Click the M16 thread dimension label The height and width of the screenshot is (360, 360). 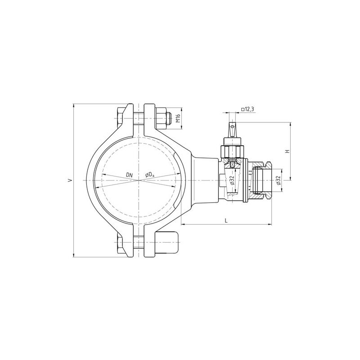click(x=178, y=118)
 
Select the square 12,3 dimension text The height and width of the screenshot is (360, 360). click(x=247, y=109)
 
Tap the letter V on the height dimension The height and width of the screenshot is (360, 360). click(x=69, y=180)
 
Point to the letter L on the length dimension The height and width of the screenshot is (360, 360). click(x=226, y=220)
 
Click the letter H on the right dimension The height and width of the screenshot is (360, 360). click(x=287, y=151)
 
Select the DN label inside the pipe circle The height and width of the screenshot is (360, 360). click(x=129, y=174)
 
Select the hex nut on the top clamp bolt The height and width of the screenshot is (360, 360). click(x=161, y=118)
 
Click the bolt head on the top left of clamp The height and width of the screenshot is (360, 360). click(x=119, y=118)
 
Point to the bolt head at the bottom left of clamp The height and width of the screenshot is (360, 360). click(x=119, y=243)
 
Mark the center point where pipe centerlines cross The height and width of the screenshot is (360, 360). click(x=140, y=180)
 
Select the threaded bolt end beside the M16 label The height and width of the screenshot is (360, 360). click(x=170, y=118)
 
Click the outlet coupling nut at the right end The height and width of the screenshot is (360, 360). click(x=261, y=180)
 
